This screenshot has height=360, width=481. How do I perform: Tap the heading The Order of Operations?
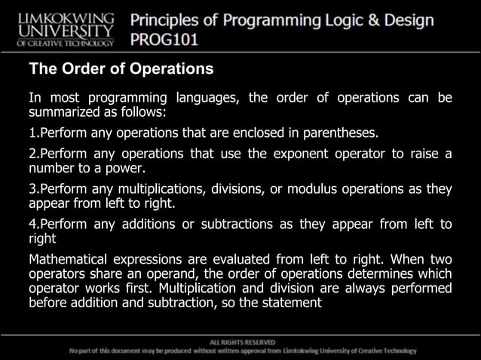tap(121, 69)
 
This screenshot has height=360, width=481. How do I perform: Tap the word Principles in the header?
tap(170, 19)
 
